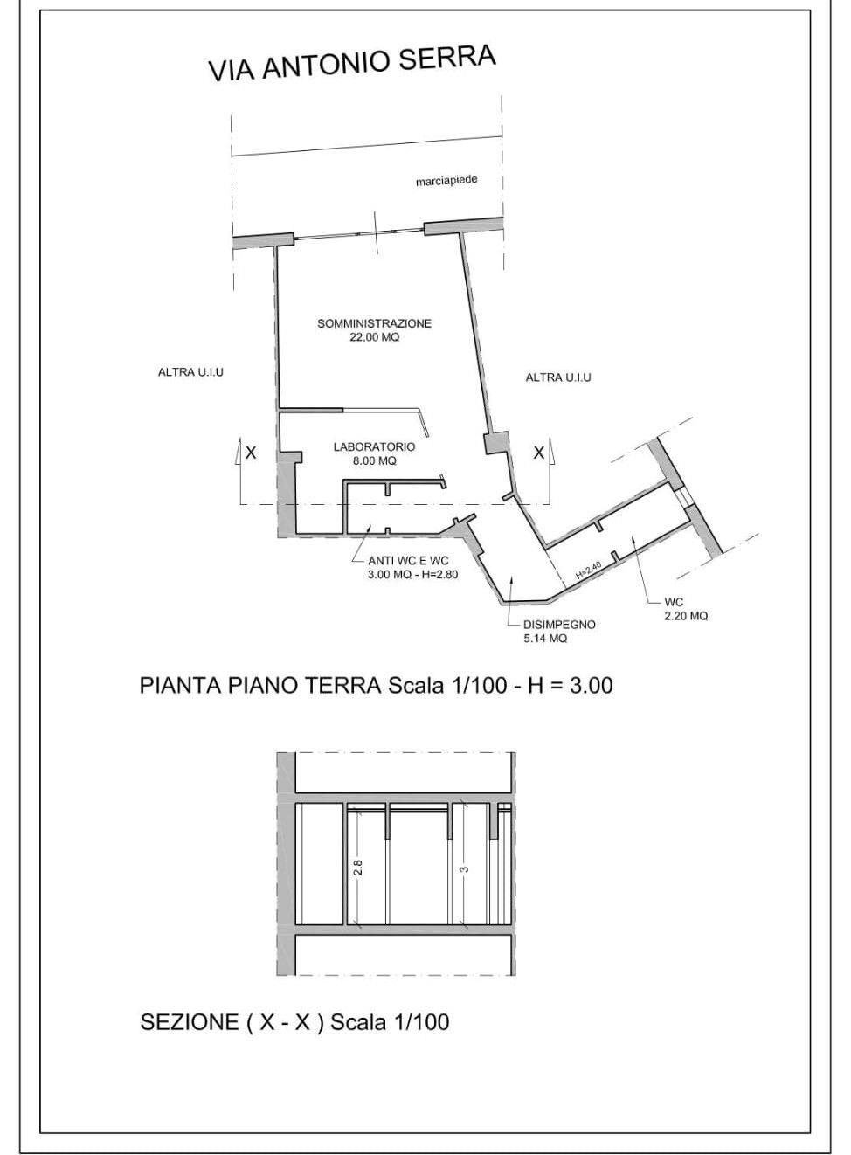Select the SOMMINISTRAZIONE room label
coord(375,324)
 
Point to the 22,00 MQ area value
coord(375,338)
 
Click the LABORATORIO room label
coord(374,446)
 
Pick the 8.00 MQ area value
coord(375,461)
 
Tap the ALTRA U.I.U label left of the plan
coord(190,372)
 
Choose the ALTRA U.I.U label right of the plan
coord(558,377)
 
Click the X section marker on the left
coord(251,453)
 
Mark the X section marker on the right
coord(538,453)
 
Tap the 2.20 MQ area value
coord(686,616)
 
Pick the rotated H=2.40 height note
coord(589,570)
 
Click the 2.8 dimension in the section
coord(358,868)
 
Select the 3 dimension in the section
coord(465,869)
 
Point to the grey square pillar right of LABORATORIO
coord(496,443)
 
